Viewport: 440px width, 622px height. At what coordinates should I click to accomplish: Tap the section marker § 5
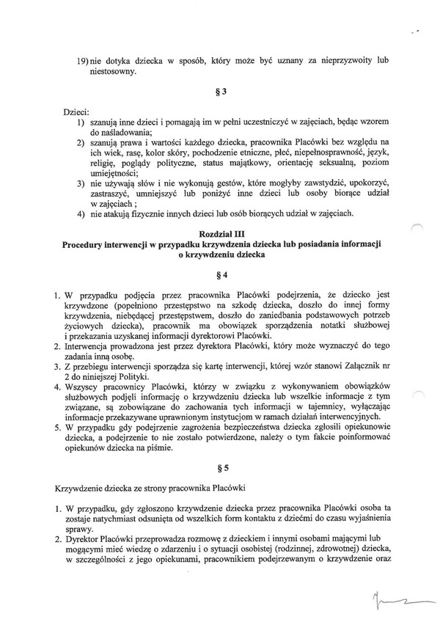(221, 466)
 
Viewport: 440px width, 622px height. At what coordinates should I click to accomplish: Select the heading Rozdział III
(221, 233)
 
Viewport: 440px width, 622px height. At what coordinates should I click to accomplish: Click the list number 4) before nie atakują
(81, 214)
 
